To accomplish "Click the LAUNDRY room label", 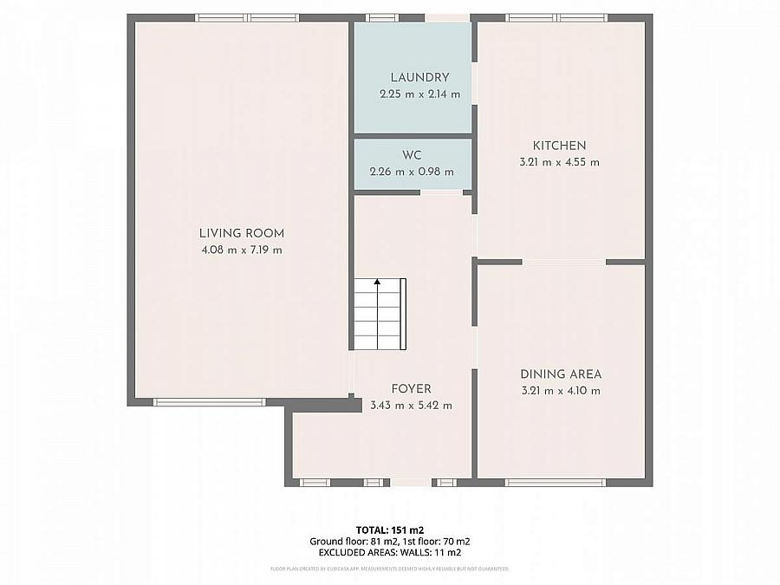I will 419,77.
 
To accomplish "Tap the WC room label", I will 412,155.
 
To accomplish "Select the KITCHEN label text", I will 559,146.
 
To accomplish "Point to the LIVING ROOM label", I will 241,233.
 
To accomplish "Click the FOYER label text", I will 410,389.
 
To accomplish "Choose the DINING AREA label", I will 561,374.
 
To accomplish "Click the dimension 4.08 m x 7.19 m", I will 241,250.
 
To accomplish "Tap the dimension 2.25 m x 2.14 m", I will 419,94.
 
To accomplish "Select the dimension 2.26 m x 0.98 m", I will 412,172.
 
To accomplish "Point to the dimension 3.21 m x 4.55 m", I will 560,162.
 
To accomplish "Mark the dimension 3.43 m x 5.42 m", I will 410,406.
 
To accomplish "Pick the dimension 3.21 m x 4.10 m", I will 561,391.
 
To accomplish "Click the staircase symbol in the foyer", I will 379,315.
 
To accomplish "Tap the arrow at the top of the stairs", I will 377,282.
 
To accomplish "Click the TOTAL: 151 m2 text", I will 389,530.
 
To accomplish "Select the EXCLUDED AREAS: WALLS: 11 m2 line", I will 389,552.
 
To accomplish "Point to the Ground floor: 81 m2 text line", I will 347,541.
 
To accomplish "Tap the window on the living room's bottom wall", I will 208,401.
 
